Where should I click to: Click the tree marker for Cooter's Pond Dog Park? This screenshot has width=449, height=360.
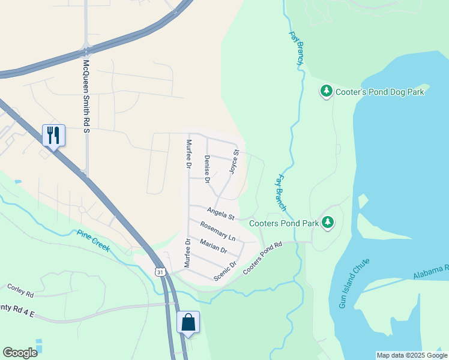tap(326, 91)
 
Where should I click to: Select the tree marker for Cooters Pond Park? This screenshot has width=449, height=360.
tap(328, 223)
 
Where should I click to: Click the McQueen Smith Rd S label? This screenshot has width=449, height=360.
tap(87, 89)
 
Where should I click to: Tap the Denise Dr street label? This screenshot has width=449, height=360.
tap(206, 169)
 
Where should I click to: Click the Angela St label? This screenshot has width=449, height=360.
tap(220, 212)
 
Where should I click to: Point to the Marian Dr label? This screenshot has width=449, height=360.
tap(213, 245)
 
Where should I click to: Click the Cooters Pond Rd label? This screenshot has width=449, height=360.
tap(263, 259)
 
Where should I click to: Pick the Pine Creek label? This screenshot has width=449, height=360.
tap(93, 241)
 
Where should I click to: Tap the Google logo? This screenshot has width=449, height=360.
tap(20, 353)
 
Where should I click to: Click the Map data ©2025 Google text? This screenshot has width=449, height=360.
tap(411, 355)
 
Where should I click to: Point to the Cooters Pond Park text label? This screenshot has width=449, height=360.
tap(284, 223)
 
